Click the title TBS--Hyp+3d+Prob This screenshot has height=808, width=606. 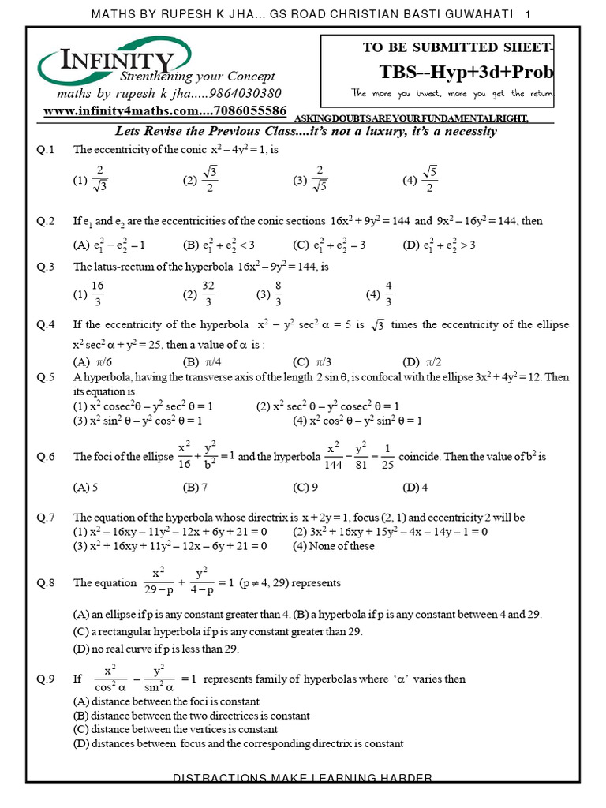coord(466,73)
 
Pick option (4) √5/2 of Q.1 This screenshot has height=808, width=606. coord(420,180)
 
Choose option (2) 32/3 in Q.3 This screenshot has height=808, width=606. coord(199,294)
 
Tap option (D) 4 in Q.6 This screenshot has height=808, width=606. coord(415,488)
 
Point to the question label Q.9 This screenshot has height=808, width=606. coord(45,679)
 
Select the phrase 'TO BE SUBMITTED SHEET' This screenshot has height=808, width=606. coord(456,48)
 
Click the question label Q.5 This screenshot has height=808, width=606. coord(45,378)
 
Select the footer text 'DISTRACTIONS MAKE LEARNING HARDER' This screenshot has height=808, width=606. coord(303,779)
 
